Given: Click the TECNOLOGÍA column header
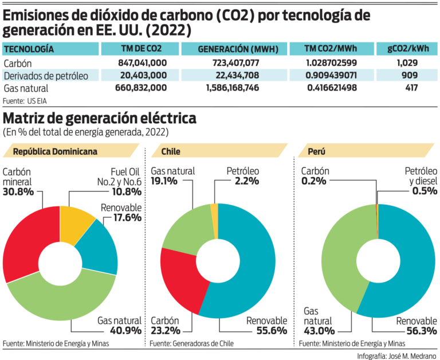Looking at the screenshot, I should point(29,49).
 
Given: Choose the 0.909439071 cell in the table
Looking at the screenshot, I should point(332,75).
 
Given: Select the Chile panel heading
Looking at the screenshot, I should point(171,152).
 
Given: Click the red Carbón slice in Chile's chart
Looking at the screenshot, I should point(180,281).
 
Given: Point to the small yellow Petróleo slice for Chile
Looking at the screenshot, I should point(214,211).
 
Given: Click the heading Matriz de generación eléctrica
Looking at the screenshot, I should point(100,118).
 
